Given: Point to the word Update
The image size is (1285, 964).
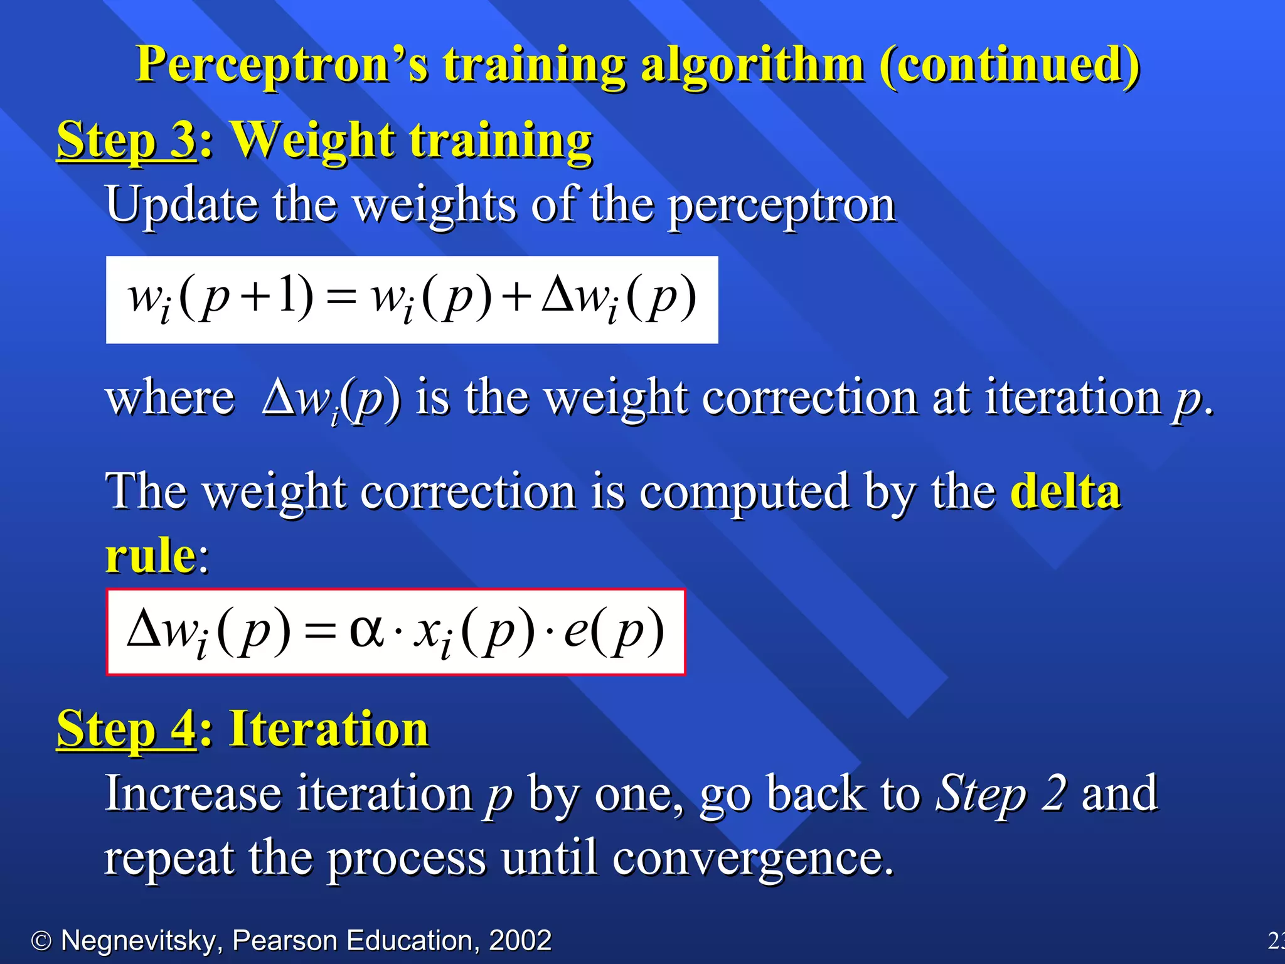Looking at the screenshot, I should point(182,205).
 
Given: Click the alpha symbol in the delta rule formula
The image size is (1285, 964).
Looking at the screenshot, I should point(366,629).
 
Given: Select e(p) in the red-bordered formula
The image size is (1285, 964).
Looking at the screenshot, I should point(613,631).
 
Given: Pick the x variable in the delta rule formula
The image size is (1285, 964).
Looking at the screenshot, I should point(427,631).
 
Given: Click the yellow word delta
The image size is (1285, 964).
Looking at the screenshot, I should point(1065,491).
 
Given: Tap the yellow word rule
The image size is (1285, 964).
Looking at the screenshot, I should point(151,556).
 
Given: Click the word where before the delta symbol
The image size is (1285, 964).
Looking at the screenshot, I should point(170,399).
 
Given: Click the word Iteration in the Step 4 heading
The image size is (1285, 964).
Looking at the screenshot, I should point(329,729).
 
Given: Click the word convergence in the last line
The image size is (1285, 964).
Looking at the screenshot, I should point(752,859).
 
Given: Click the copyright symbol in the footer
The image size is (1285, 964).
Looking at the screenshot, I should point(41,941).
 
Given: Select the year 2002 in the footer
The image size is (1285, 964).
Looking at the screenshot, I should point(520,940).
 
